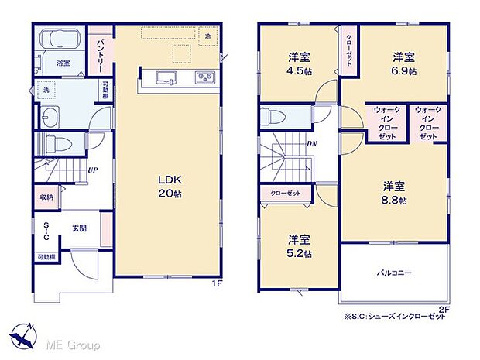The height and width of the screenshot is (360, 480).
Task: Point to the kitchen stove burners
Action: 205,77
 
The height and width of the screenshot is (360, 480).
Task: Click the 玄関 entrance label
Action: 79,228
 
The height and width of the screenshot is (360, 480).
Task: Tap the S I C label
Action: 46,231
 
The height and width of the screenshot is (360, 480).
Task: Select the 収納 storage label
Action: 46,197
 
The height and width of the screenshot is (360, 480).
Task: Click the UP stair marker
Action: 92,170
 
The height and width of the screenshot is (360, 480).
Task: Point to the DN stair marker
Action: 310,144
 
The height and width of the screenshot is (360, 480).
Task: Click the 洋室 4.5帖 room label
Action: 298,62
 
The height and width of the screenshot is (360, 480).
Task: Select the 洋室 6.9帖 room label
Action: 403,63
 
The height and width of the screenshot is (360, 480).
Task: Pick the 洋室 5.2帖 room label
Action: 298,245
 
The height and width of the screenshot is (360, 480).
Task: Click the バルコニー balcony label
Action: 395,273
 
